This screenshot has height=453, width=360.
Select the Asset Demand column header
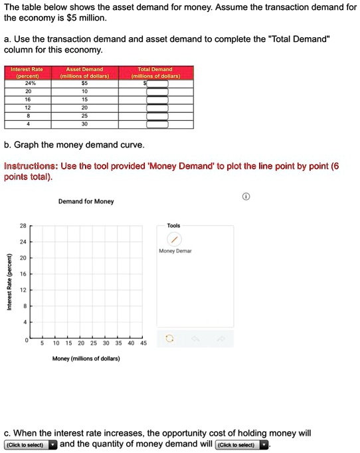click(84, 72)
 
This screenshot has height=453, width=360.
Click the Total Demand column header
click(154, 72)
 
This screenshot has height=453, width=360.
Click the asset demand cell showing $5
click(84, 84)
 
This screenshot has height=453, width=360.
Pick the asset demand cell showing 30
click(84, 124)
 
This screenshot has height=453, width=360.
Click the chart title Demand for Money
click(86, 201)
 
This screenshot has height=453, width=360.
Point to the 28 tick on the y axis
click(22, 226)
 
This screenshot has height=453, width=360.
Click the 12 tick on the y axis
click(22, 290)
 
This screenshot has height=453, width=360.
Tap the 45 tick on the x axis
click(143, 344)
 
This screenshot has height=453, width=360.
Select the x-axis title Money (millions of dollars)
click(86, 359)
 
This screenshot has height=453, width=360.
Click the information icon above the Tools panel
click(246, 197)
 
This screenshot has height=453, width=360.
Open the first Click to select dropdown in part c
click(31, 445)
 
